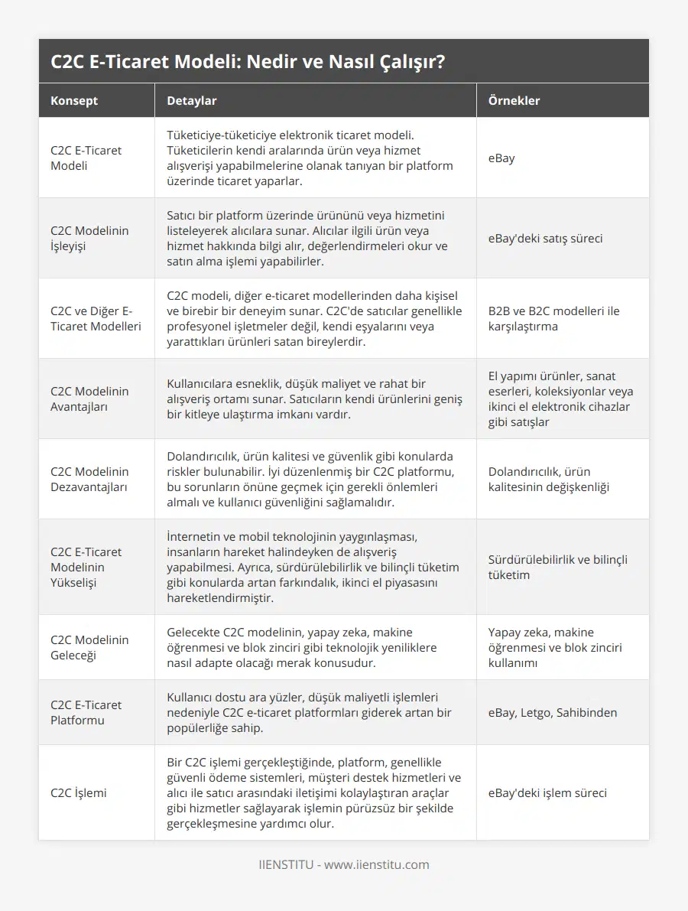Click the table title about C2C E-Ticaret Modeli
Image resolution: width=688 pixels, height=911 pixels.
pos(248,62)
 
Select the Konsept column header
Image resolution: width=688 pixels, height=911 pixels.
pos(74,100)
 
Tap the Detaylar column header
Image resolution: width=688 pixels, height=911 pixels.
pos(192,100)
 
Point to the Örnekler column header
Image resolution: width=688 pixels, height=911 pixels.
pos(514,100)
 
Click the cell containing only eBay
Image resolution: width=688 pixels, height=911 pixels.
pos(501,158)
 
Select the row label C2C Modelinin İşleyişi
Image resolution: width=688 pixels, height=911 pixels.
pos(89,238)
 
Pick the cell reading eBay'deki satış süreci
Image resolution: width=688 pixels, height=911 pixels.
pos(545,238)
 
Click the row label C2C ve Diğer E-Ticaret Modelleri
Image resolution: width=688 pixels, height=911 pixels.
pos(95,318)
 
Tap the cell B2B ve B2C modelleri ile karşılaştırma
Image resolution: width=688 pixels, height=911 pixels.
pos(553,318)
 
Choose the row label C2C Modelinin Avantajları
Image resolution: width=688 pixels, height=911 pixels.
pos(89,399)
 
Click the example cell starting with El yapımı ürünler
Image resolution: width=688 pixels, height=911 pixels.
pos(560,399)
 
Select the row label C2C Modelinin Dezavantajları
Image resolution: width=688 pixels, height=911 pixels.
pos(89,479)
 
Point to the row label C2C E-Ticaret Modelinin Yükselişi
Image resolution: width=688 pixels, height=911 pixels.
pos(86,567)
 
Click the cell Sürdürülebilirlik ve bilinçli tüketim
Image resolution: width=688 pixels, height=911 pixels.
pos(557,567)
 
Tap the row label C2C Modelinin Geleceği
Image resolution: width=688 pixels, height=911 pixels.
pos(89,647)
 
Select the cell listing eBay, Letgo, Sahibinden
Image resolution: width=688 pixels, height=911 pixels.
pos(552,712)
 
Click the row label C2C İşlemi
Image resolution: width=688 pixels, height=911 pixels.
pos(79,792)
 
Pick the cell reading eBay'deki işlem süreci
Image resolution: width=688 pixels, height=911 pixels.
pos(547,792)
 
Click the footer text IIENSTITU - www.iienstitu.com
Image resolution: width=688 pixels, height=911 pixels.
pos(343,864)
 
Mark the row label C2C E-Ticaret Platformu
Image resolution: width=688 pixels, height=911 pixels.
pos(86,712)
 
